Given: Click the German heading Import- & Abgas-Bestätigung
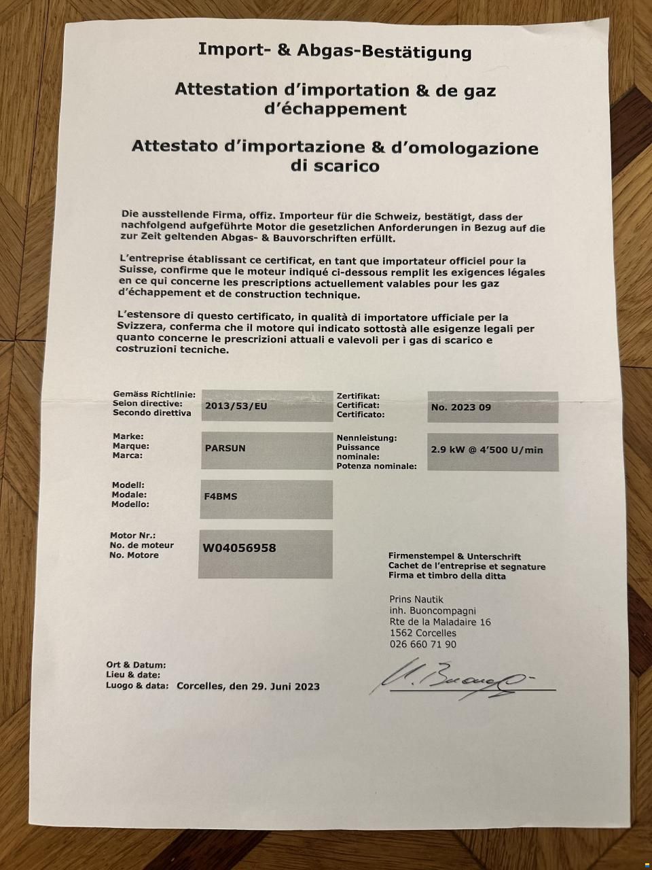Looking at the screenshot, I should click(334, 51).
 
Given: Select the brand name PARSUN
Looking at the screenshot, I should click(225, 449).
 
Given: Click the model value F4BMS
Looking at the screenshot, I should click(221, 497).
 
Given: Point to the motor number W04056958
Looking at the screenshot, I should click(240, 548).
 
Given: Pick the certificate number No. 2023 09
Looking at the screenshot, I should click(461, 408).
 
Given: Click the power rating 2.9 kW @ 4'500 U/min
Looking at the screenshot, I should click(487, 450).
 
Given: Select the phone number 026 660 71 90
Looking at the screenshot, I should click(422, 644).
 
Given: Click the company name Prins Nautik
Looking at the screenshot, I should click(416, 599).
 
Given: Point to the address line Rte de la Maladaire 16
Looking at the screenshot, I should click(440, 622).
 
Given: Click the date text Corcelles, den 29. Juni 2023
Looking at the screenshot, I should click(248, 686).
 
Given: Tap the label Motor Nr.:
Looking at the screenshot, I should click(133, 536).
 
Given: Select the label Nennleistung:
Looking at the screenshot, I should click(367, 438).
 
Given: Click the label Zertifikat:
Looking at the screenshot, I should click(358, 396).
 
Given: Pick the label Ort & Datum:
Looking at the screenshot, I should click(136, 665).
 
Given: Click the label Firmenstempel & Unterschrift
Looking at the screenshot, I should click(454, 557).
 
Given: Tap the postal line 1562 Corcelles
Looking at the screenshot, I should click(423, 633).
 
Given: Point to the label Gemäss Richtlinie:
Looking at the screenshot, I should click(154, 394).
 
